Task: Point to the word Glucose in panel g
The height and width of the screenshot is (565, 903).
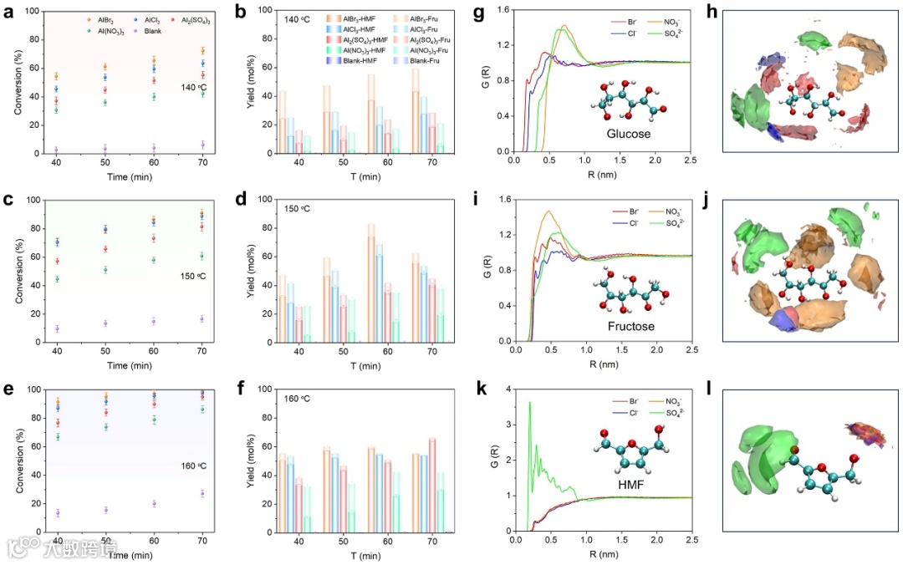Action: tap(628, 132)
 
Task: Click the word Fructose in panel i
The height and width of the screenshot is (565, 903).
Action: tap(630, 326)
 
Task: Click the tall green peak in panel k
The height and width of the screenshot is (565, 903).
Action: tap(529, 405)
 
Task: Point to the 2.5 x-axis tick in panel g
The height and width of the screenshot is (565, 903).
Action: tap(690, 160)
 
